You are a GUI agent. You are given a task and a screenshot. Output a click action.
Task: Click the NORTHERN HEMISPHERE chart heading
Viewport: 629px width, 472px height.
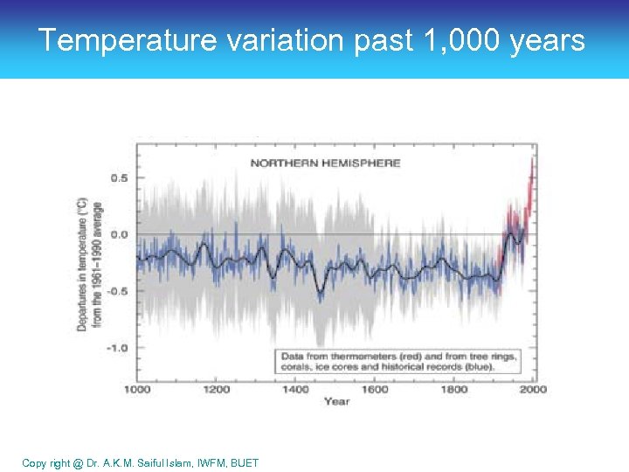(325, 163)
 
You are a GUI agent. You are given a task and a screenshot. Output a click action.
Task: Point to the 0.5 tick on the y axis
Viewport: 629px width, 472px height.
(118, 177)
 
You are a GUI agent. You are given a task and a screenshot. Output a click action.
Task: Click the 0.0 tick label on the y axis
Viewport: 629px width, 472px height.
(118, 234)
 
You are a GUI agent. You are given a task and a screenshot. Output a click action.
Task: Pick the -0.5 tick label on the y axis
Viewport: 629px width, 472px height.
(116, 291)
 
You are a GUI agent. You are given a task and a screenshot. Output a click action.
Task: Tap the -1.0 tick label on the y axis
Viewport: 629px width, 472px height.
(116, 348)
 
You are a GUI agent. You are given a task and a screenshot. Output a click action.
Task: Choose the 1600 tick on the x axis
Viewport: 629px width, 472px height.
(374, 389)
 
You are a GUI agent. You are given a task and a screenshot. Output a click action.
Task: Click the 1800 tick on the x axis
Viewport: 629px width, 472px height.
(453, 389)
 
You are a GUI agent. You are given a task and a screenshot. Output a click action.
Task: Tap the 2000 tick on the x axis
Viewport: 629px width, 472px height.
(532, 389)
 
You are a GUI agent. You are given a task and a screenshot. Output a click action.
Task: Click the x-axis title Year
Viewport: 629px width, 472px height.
(336, 401)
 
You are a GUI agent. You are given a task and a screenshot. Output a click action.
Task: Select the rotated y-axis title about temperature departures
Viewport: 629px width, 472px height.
(89, 262)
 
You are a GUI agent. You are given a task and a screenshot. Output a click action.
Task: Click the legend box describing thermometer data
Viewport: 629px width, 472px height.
(397, 361)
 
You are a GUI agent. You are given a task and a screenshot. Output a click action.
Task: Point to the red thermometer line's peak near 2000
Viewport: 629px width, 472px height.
(533, 162)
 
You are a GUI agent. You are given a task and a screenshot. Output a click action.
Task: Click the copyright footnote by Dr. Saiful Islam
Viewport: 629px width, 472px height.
(141, 462)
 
